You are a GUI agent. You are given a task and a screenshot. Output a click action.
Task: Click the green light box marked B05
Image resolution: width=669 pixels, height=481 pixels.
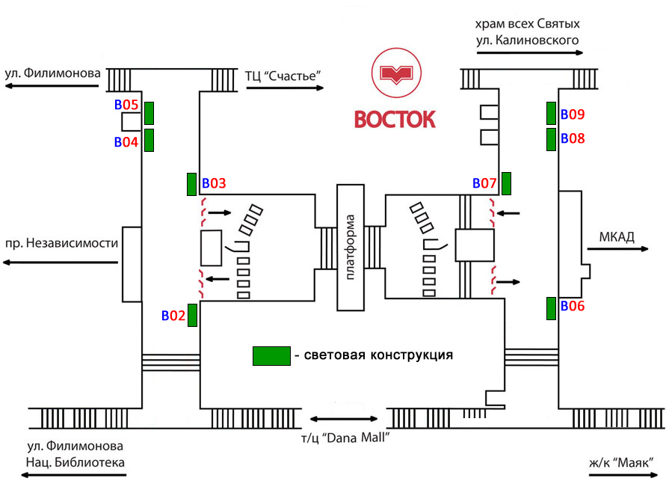(149, 113)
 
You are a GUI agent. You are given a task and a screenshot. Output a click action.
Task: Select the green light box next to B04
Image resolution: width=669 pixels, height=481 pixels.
(149, 140)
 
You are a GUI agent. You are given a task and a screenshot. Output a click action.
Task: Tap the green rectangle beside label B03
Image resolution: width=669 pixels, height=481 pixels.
(192, 183)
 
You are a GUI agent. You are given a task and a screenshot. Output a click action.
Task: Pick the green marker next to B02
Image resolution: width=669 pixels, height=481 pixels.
(192, 315)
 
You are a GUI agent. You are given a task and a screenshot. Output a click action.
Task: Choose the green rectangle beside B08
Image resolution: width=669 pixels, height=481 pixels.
(551, 139)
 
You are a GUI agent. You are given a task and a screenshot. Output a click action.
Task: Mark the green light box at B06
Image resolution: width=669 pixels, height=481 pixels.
(551, 308)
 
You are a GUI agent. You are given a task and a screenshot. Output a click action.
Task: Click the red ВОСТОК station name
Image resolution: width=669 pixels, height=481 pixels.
(394, 120)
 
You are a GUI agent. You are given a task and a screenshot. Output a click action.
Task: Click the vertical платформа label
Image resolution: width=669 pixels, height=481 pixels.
(351, 248)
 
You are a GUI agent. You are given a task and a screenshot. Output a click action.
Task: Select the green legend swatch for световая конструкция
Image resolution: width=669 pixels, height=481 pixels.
(271, 356)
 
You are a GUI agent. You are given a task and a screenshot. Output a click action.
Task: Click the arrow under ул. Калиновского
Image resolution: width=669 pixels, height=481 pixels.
(528, 53)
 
